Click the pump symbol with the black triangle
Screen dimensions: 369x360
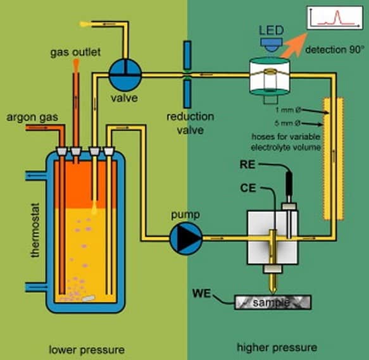186,238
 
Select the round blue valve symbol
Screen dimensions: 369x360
125,75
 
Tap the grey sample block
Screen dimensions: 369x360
273,302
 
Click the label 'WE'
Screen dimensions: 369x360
201,294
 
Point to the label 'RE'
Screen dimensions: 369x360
247,164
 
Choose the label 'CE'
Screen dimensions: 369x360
248,188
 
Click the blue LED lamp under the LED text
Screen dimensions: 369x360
272,44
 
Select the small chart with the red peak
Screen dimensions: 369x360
335,18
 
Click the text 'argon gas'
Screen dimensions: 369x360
32,117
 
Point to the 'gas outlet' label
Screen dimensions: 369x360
75,52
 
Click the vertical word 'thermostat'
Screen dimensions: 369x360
35,230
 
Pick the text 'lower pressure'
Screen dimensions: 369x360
87,350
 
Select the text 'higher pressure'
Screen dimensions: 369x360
277,347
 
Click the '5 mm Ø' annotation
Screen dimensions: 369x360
287,123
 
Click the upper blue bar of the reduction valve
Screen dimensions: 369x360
187,55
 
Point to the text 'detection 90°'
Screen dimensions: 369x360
334,50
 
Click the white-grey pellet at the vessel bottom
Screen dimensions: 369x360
89,298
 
